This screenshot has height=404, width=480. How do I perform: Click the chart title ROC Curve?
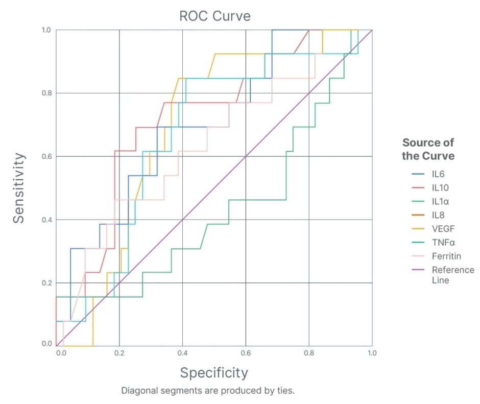(x=214, y=16)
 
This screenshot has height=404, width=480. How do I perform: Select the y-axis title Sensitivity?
(x=19, y=187)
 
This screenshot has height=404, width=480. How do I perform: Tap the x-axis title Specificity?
(x=214, y=372)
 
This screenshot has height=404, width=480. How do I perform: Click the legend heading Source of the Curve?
(x=428, y=149)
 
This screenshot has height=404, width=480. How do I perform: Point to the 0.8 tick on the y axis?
(x=47, y=93)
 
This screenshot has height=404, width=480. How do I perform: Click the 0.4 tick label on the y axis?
(x=47, y=220)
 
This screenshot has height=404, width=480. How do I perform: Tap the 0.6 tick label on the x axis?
(x=246, y=353)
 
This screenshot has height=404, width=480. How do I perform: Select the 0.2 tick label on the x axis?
(x=119, y=353)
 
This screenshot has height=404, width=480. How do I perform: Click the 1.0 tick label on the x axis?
(x=372, y=353)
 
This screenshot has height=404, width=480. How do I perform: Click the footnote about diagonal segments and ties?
(x=208, y=391)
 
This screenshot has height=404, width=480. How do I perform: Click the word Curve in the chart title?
(x=232, y=16)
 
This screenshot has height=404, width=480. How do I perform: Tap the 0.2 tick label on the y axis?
(x=47, y=283)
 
